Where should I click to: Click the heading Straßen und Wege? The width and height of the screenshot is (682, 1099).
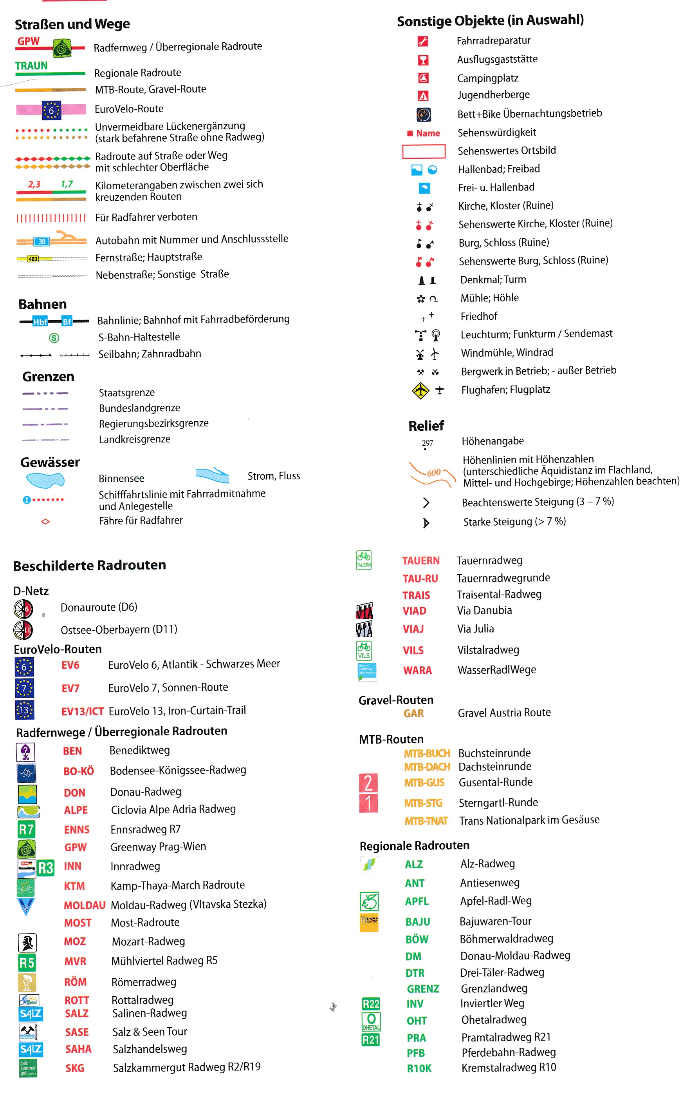point(72,24)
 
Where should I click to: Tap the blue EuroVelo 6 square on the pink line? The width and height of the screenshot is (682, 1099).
point(51,110)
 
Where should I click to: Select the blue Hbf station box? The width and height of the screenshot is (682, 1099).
point(40,321)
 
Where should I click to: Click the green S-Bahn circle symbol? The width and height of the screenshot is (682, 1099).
point(54,338)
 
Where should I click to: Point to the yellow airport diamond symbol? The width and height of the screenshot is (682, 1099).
point(420,390)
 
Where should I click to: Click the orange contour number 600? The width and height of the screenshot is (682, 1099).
point(433,473)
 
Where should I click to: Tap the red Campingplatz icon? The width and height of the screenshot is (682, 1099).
point(423,78)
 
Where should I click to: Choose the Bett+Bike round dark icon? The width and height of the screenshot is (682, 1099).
point(423,115)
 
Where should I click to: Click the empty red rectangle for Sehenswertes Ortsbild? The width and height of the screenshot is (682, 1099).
point(424,151)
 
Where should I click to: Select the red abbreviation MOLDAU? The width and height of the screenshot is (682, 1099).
point(84,905)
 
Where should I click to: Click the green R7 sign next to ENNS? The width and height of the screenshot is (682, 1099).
point(26,829)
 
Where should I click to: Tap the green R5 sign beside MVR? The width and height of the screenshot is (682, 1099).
point(27,963)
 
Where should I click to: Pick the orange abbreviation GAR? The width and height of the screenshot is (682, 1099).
point(413,713)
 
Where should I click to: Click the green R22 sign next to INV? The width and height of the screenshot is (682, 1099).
point(371,1004)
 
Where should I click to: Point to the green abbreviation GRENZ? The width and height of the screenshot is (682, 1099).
point(423,989)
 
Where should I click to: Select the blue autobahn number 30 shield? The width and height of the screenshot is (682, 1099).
point(41,241)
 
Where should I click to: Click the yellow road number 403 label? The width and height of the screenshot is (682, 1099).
point(33,259)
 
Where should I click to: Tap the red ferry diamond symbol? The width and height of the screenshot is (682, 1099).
point(45,522)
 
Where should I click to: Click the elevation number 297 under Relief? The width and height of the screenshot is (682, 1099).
point(427,443)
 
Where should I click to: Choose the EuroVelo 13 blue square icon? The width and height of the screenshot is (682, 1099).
point(24,710)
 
